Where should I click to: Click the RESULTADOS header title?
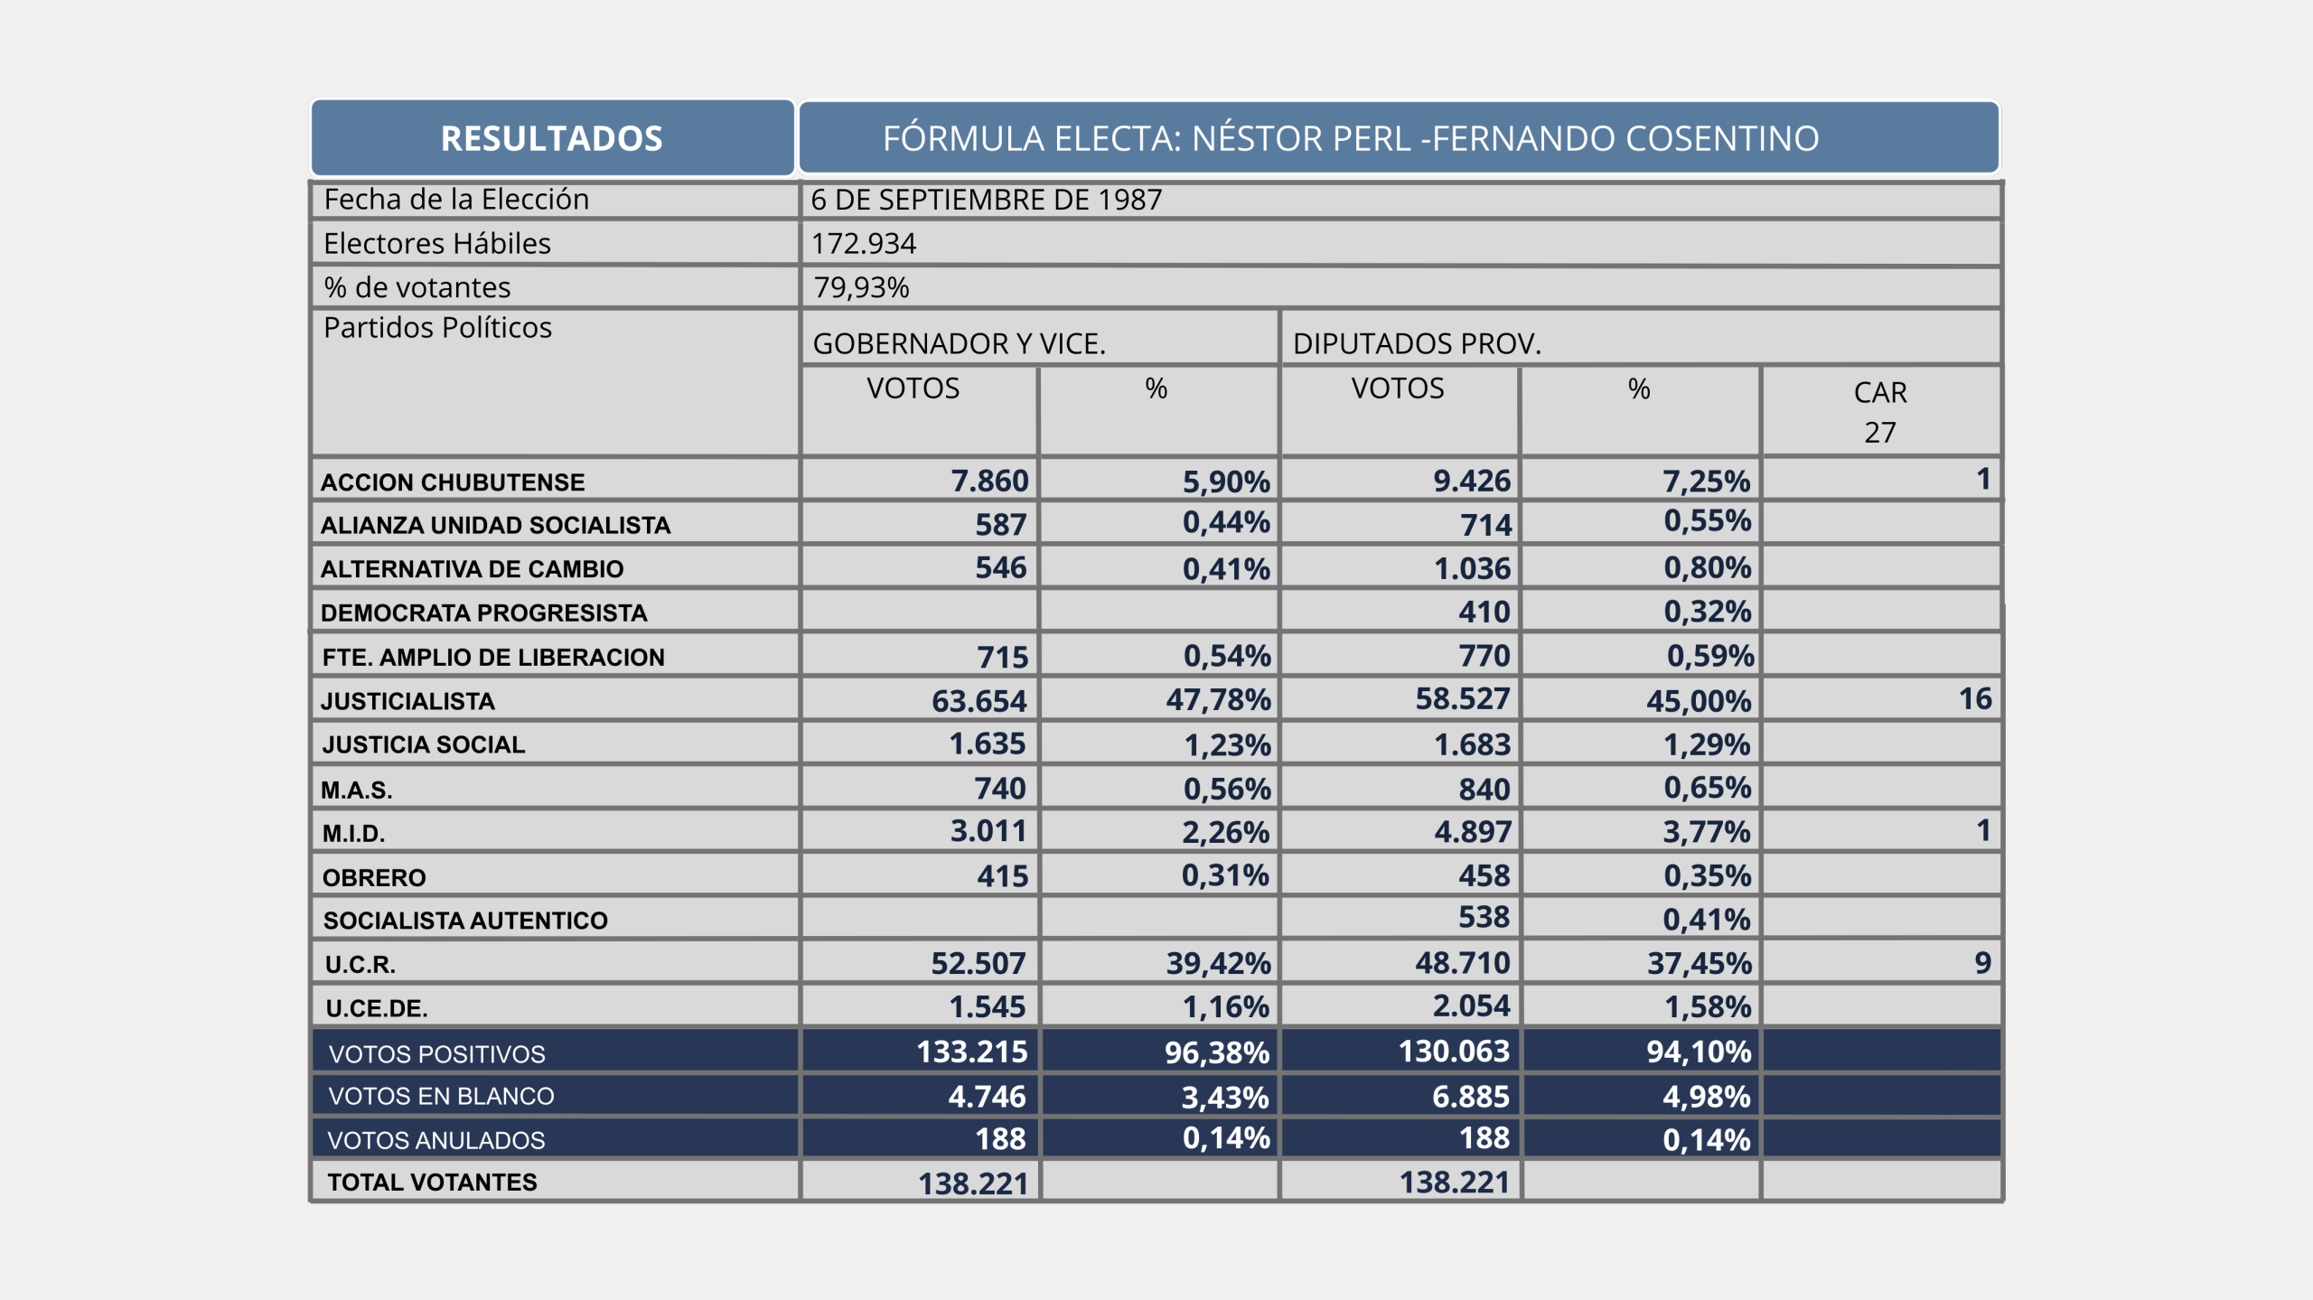551,138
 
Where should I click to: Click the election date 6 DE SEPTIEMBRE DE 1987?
986,200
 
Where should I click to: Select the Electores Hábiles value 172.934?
863,243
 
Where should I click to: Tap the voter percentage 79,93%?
861,287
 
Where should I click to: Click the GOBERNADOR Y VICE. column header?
959,343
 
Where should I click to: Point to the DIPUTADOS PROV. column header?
1416,343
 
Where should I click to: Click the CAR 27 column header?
1879,411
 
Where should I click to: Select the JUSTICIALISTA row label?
407,701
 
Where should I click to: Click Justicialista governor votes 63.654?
979,701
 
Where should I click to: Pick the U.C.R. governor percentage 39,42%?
1217,963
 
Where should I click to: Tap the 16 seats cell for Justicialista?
1974,698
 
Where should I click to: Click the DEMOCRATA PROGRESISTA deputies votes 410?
1484,613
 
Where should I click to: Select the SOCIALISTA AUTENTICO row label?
465,921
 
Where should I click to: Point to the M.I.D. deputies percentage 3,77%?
1706,831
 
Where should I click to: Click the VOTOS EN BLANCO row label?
441,1096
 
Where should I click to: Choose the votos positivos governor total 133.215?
971,1052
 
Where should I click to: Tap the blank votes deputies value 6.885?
1470,1096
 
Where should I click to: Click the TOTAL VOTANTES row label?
432,1182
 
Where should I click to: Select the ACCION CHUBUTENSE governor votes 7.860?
989,481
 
